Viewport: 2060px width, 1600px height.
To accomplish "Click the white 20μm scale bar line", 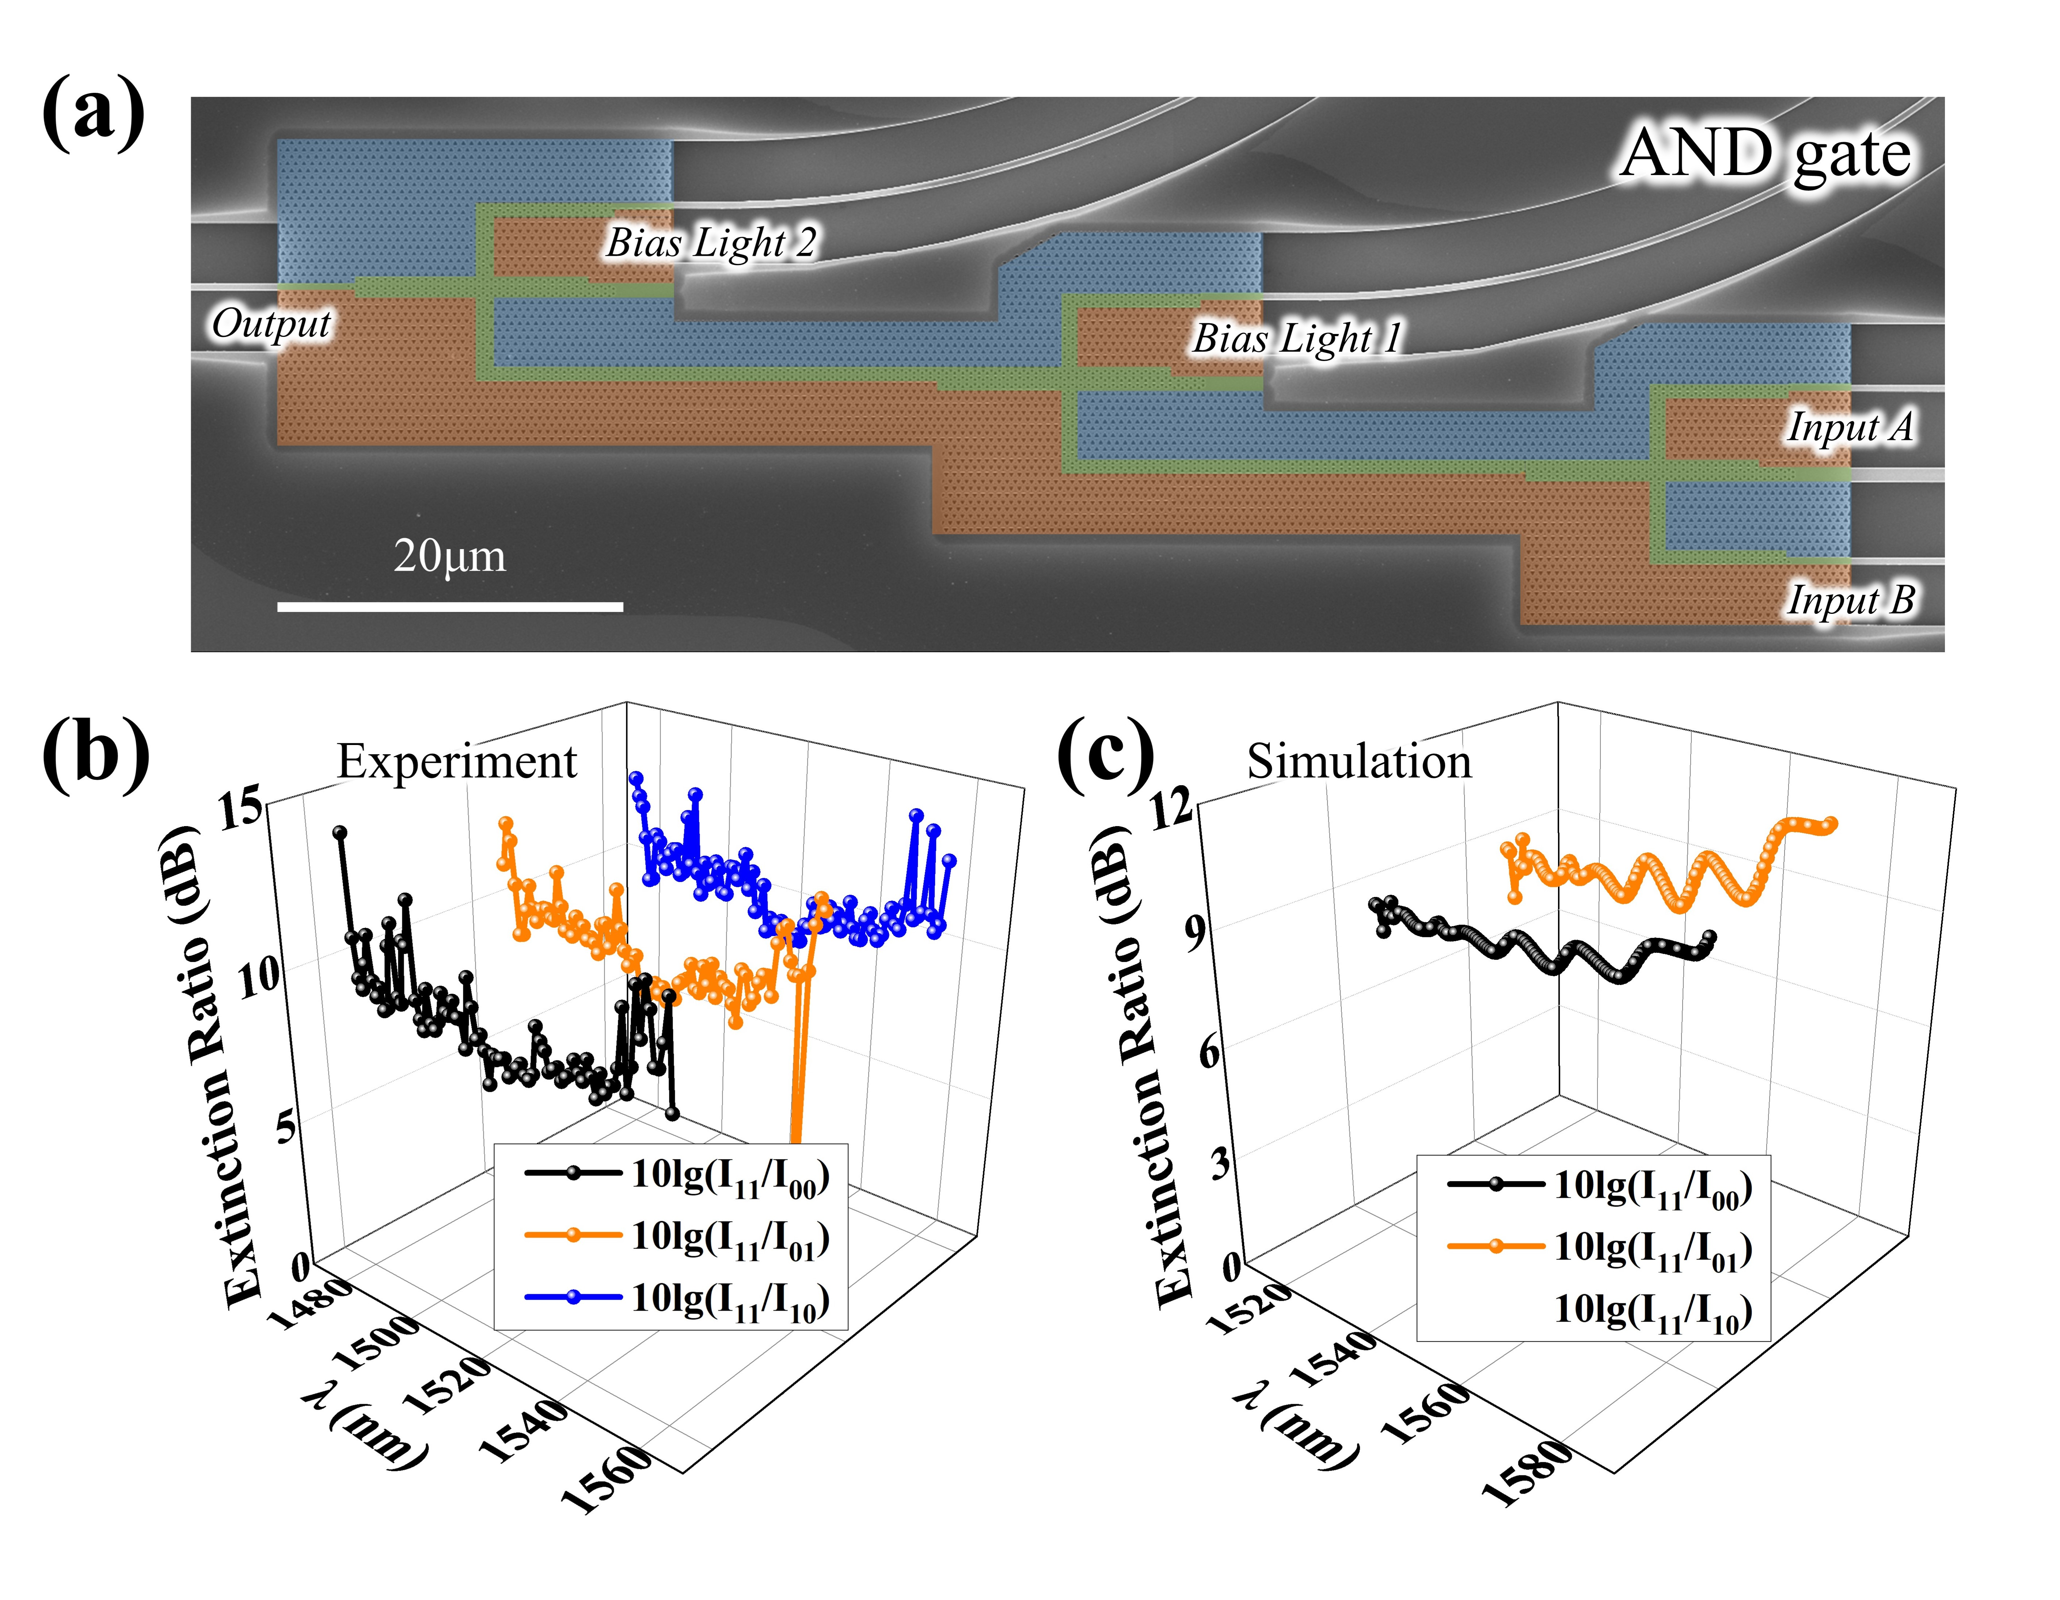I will pos(450,607).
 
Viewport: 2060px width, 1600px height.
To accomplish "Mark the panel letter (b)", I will pos(95,755).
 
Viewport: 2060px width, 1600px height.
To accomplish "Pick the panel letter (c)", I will pos(1106,755).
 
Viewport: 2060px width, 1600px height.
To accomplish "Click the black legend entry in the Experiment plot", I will pos(676,1175).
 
